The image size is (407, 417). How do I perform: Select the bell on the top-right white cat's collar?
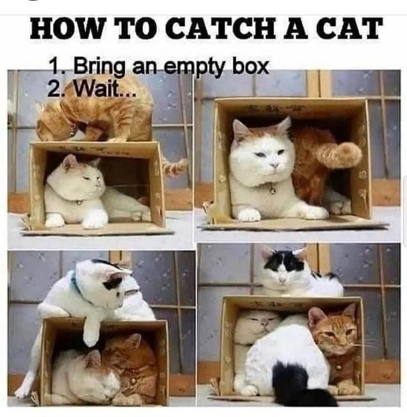pyautogui.click(x=272, y=189)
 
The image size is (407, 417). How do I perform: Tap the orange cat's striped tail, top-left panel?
pyautogui.click(x=173, y=167)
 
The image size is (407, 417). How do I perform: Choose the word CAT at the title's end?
pyautogui.click(x=354, y=29)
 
